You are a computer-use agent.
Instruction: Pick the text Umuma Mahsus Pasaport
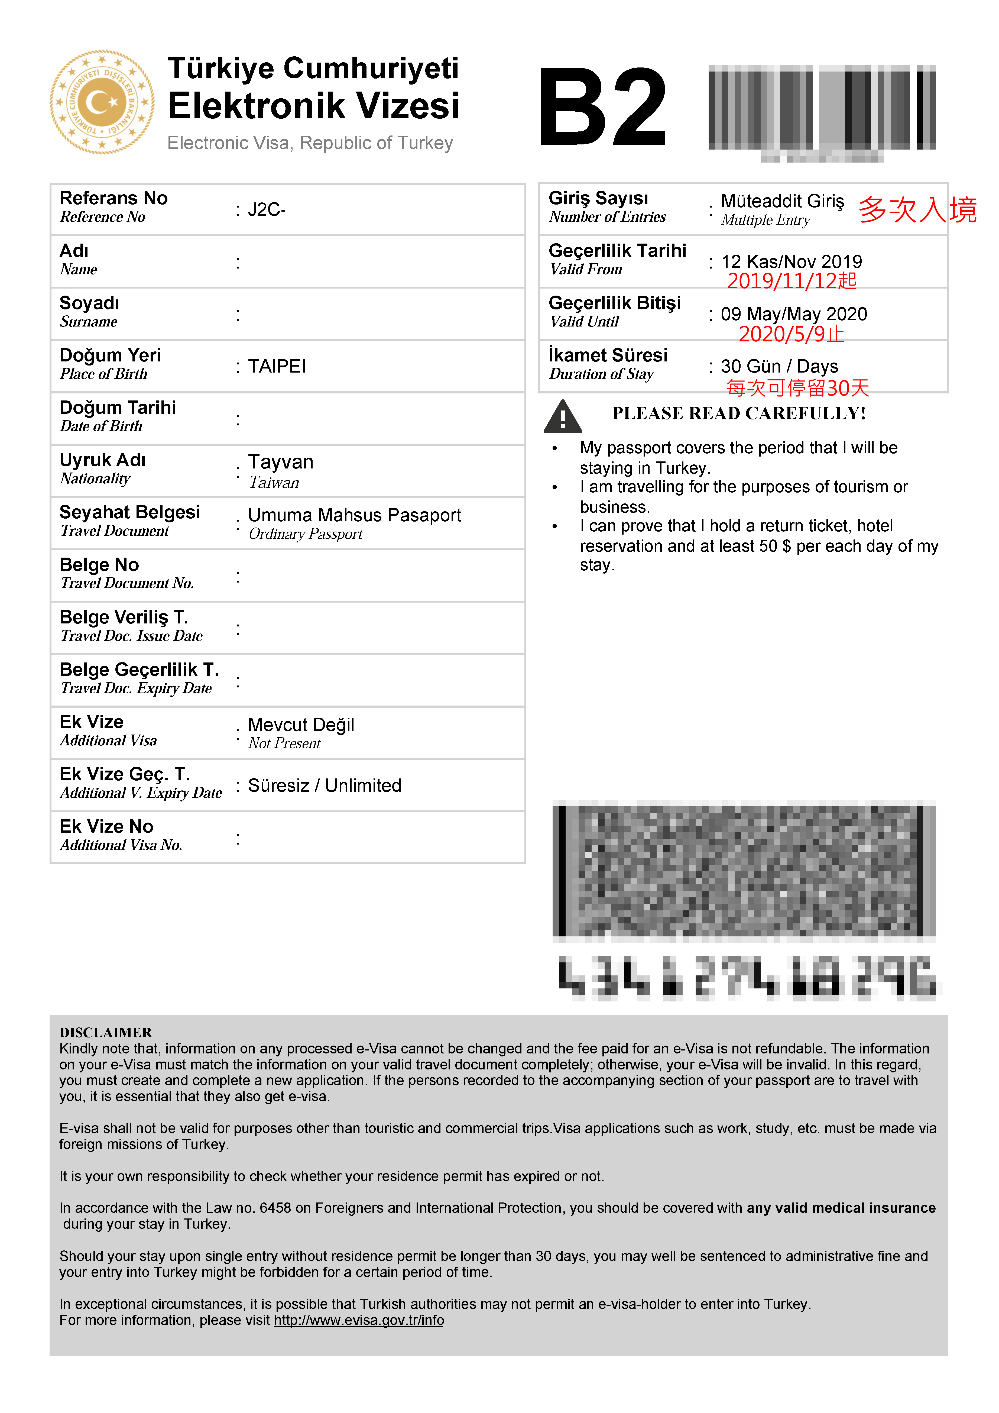point(354,515)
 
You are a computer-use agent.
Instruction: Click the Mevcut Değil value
point(301,725)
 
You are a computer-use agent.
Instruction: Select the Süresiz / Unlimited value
point(324,786)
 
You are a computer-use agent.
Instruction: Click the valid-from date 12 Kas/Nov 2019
point(791,261)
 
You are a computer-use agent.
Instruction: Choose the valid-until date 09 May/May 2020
point(794,314)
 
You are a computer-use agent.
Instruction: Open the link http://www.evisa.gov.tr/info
point(359,1320)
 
